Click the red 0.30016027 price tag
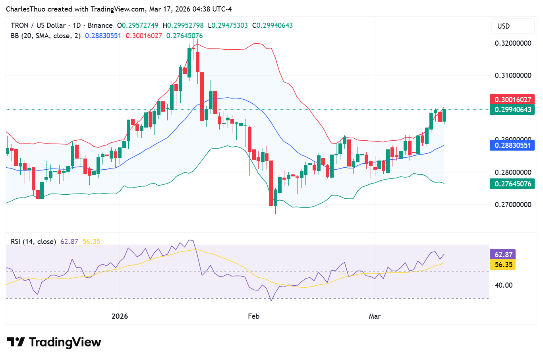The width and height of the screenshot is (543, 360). pos(512,99)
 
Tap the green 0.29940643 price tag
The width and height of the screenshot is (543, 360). pos(512,110)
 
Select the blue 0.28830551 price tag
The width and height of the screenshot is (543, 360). pos(512,145)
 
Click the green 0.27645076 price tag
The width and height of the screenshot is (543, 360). pos(512,184)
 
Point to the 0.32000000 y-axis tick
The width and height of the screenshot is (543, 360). pos(513,43)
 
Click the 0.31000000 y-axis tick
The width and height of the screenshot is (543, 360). pos(513,75)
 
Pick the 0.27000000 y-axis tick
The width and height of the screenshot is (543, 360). pos(513,205)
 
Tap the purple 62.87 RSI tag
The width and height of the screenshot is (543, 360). pos(503,255)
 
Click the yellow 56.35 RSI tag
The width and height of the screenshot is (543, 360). pos(503,265)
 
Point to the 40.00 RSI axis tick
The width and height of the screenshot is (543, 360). pos(504,285)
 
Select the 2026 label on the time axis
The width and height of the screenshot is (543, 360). pos(120,316)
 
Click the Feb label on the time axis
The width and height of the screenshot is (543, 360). pos(253,316)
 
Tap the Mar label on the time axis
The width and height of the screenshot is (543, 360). pos(375,316)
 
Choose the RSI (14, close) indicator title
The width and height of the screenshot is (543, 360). pos(33,242)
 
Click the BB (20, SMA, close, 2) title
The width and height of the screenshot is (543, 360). pos(46,36)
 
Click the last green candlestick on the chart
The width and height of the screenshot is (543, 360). pos(444,115)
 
